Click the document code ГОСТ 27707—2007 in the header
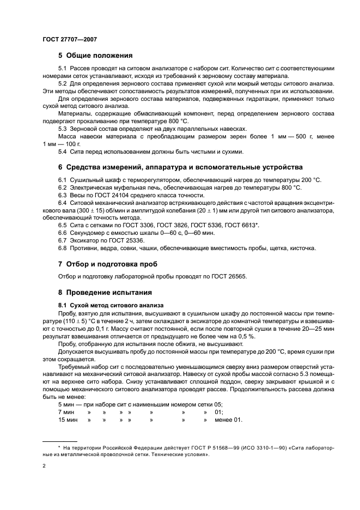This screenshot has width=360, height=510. pyautogui.click(x=69, y=40)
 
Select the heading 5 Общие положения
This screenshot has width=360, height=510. pyautogui.click(x=96, y=55)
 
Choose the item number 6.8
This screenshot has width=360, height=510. pyautogui.click(x=63, y=248)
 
